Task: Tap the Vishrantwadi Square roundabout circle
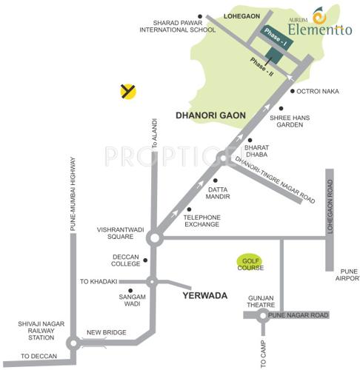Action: (154, 238)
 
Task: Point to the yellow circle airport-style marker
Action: (128, 91)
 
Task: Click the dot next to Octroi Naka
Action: (291, 91)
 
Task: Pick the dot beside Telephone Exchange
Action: (190, 209)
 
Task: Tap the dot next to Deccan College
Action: (144, 260)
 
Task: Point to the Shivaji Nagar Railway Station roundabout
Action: (73, 343)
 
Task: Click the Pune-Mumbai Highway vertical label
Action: (73, 193)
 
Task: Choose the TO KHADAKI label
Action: (99, 282)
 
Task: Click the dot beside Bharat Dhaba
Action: (249, 139)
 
